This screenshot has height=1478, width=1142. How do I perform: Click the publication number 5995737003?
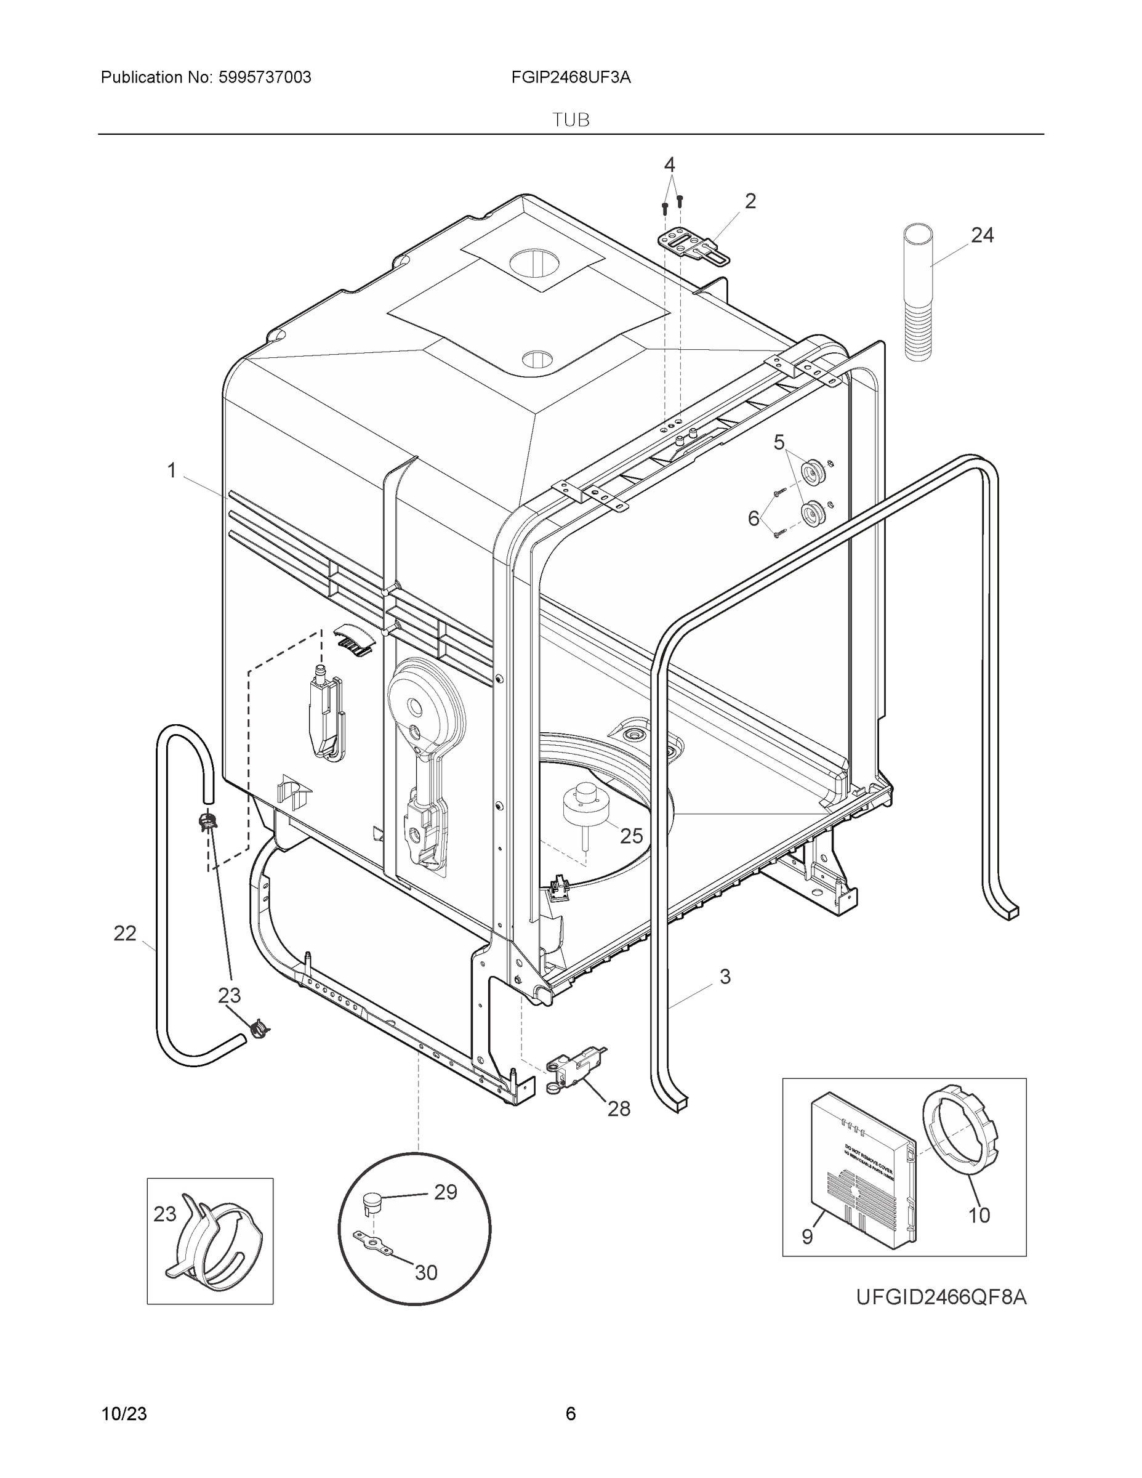point(265,78)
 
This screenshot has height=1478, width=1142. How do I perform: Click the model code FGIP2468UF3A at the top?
point(571,78)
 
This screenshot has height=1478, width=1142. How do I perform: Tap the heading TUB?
point(571,121)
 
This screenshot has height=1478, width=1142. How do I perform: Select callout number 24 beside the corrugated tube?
point(983,235)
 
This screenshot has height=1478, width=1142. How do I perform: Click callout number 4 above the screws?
point(669,164)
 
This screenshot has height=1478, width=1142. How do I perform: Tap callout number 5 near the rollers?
point(779,443)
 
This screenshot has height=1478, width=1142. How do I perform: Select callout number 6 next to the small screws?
point(754,519)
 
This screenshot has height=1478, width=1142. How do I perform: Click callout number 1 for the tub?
point(172,470)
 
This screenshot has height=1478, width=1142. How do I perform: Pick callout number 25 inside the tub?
point(631,836)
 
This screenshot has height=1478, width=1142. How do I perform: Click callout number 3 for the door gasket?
point(725,977)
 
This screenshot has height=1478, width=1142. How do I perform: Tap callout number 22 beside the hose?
point(125,934)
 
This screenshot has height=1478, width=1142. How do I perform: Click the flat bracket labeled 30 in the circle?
point(373,1244)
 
